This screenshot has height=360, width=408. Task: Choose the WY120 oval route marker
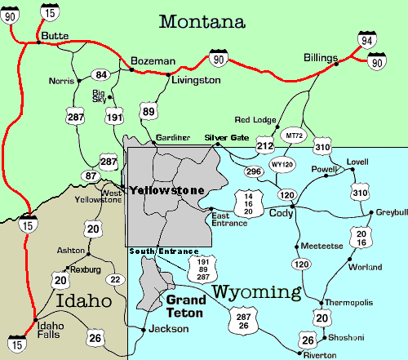282,163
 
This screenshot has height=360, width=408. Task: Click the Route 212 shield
264,147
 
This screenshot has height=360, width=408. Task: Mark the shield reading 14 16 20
248,201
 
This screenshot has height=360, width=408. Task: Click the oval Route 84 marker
101,75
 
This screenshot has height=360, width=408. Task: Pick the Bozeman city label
153,61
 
